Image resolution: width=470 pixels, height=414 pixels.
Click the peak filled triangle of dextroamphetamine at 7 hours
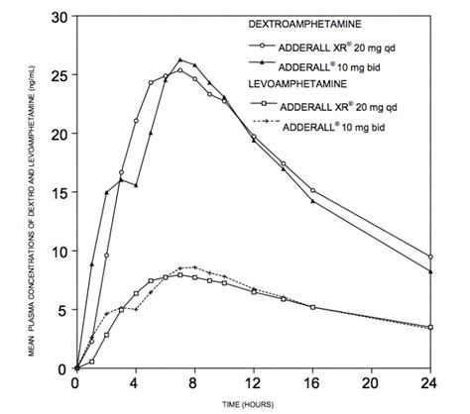point(179,60)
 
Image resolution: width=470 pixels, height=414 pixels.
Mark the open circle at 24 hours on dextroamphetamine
point(431,257)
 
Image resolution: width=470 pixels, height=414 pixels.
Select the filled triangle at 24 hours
point(431,271)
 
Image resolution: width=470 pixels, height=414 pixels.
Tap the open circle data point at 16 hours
point(313,191)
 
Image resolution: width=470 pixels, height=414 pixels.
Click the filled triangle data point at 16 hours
point(313,201)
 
